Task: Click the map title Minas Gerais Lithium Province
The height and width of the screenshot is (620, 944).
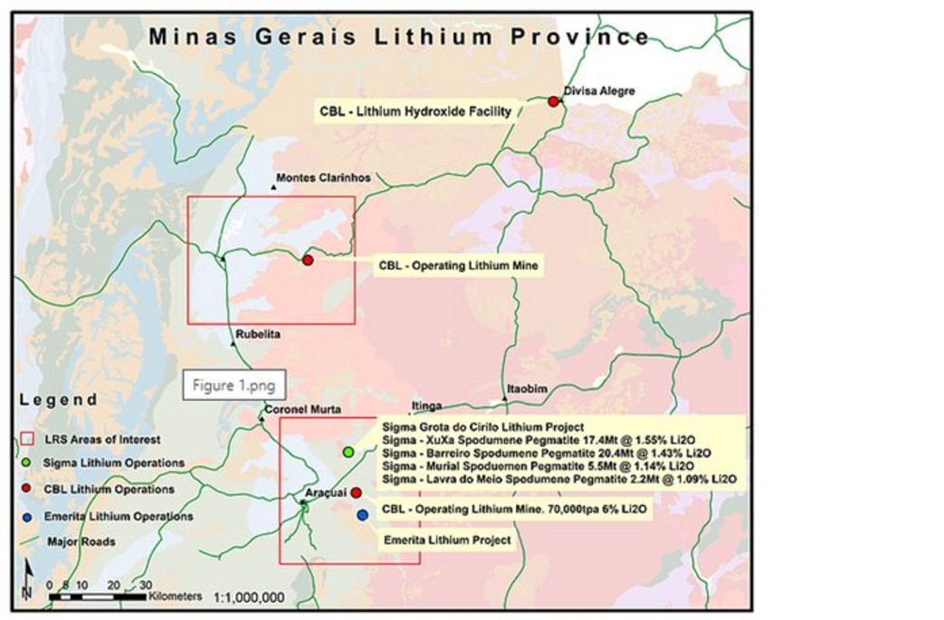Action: pos(399,37)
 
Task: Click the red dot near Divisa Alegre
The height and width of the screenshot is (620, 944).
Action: pos(554,101)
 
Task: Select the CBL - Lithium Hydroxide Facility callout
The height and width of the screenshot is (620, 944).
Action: pos(415,111)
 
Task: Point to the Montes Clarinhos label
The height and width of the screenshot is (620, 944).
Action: pos(322,178)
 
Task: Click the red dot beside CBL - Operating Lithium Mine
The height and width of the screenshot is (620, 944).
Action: pos(308,261)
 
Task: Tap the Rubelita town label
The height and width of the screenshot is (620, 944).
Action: pos(258,334)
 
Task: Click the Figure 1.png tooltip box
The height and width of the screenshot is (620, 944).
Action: pos(234,385)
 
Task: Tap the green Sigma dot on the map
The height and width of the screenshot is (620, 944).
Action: pos(348,452)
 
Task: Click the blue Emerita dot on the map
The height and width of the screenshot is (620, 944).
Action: pos(363,515)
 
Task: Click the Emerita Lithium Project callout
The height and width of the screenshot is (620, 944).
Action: pos(447,540)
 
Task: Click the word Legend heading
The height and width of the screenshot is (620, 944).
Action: pos(59,399)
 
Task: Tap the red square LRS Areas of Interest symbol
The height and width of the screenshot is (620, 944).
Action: pos(27,439)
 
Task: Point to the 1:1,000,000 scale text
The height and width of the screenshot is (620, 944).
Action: pos(250,597)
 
